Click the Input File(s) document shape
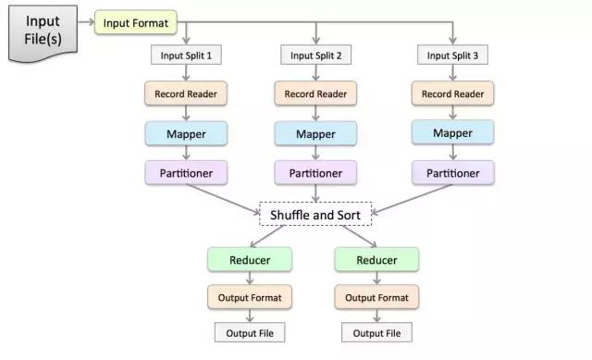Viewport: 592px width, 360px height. (42, 34)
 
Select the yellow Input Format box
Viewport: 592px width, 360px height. (136, 22)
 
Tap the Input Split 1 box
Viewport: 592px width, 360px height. (187, 56)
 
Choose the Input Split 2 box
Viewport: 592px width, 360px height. (315, 56)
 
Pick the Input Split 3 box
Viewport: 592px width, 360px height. (452, 56)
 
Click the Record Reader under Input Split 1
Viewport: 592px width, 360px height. (186, 93)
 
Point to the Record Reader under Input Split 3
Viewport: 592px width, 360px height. (452, 93)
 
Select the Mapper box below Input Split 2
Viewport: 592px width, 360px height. (315, 134)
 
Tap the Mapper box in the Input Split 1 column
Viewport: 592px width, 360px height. (186, 133)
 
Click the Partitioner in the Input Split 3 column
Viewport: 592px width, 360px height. (452, 173)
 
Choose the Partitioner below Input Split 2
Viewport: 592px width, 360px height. (315, 173)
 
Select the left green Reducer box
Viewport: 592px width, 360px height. (250, 260)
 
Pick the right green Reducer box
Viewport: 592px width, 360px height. (377, 260)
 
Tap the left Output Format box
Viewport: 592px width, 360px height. (250, 297)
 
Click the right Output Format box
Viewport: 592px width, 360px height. (377, 297)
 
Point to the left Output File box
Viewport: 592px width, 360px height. (250, 332)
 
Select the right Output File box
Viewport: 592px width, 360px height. (377, 332)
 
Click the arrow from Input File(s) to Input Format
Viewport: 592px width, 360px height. (84, 20)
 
